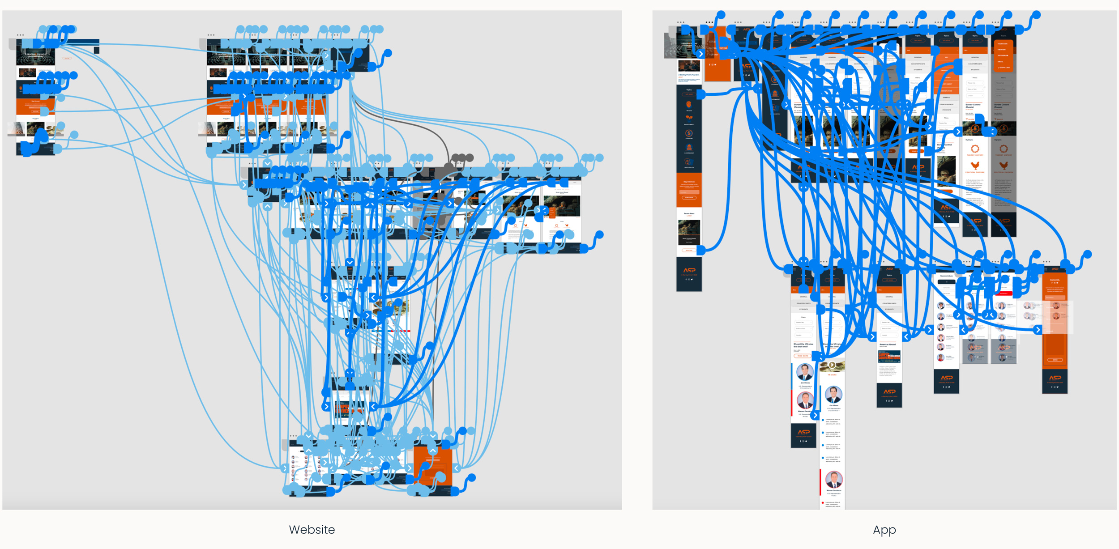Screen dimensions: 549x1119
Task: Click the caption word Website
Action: coord(312,530)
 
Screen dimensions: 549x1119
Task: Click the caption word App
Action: coord(884,530)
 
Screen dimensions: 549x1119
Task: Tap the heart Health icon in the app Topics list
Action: coord(689,104)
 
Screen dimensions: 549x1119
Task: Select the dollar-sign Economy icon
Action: coord(689,133)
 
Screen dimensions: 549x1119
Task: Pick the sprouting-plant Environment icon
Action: coord(689,118)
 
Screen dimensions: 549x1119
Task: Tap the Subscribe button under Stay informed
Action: coord(689,197)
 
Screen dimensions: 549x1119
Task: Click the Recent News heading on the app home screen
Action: coord(689,213)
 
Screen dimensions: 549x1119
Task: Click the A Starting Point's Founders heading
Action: coord(688,75)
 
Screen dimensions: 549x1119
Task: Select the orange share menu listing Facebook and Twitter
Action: coord(1003,55)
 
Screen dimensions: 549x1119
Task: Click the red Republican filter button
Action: coord(1004,294)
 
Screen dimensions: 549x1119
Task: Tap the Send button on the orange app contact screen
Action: coord(1055,360)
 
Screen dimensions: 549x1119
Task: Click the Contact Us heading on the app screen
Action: coord(1055,280)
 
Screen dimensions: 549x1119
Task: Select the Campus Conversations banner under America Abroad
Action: coord(889,357)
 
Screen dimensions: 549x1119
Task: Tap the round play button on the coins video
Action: coord(832,365)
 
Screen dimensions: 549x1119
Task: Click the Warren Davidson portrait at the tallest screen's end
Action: coord(833,480)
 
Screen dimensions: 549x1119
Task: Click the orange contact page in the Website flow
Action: coord(432,465)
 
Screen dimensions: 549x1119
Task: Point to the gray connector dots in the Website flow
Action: coord(462,157)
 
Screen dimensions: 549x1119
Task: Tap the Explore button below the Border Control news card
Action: coord(689,251)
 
